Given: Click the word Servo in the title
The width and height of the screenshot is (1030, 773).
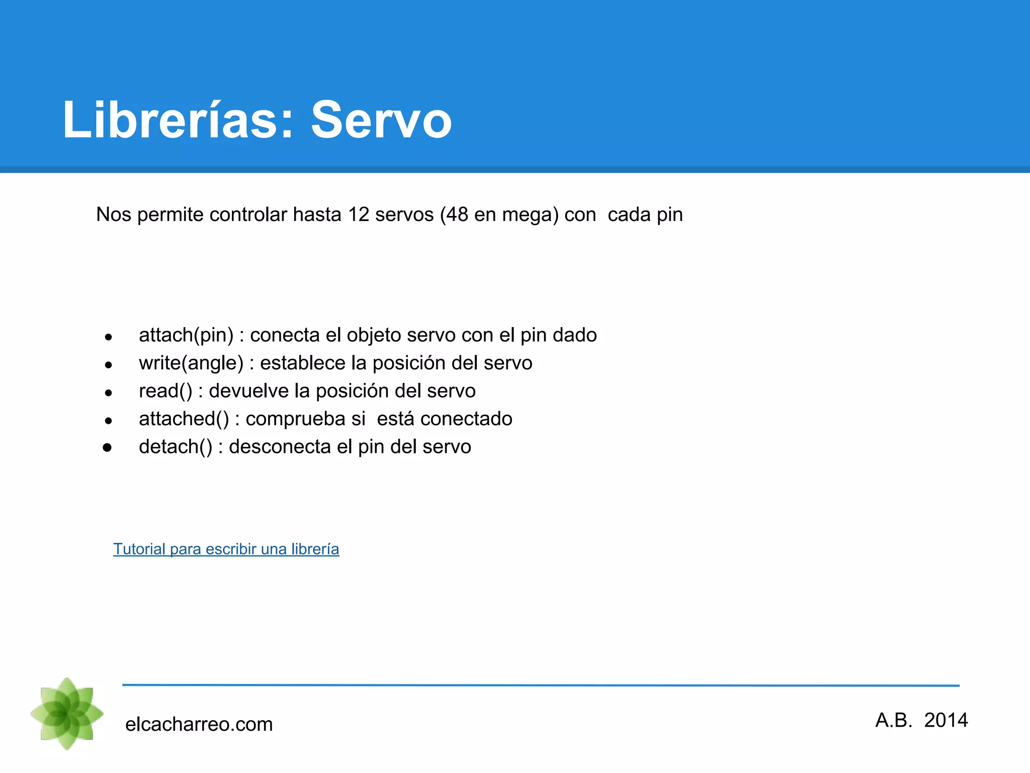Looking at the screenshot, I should [x=381, y=120].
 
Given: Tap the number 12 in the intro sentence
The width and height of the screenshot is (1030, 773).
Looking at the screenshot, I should [x=359, y=215].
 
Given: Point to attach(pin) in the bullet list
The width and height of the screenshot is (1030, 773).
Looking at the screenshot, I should [x=186, y=335].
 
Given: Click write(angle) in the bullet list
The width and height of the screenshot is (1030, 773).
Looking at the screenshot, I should [x=191, y=363].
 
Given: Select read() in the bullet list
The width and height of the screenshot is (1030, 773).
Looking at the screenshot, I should [x=165, y=391].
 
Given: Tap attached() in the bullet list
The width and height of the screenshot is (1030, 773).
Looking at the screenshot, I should [x=184, y=419].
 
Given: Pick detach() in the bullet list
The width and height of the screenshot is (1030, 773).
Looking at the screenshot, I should [x=176, y=447].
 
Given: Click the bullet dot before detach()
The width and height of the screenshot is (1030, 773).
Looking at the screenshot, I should [x=107, y=447].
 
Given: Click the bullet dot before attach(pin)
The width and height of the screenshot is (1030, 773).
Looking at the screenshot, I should [x=108, y=337].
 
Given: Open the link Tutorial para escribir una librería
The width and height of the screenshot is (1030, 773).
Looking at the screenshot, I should [x=226, y=549].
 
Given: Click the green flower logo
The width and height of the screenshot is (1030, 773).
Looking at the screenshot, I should [x=67, y=714].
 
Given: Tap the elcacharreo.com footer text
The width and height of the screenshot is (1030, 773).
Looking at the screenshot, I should [x=199, y=725].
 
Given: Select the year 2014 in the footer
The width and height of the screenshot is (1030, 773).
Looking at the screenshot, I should [x=946, y=721].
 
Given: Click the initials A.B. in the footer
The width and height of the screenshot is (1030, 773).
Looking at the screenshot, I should [x=894, y=721].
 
